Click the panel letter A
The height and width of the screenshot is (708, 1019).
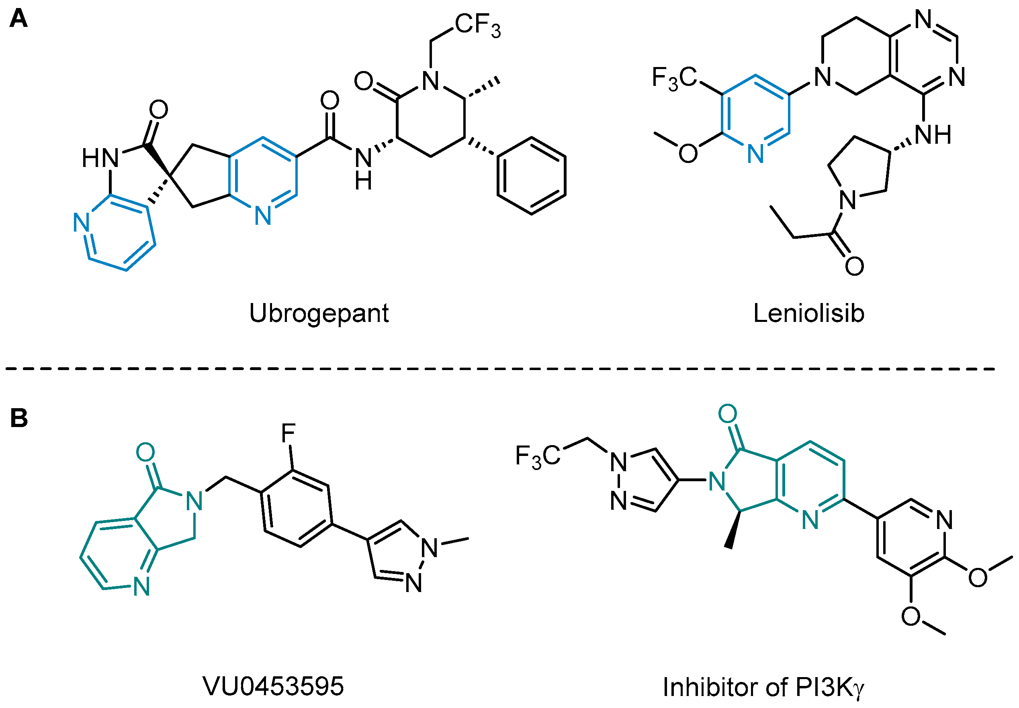coord(18,19)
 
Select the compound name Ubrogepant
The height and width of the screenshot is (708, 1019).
coord(319,314)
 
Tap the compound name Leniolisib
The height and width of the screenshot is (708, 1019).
coord(808,313)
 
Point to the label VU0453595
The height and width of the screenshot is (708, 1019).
coord(273,686)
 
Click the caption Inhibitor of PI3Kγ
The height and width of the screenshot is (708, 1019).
coord(763,687)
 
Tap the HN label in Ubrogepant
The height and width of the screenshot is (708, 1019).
coord(100,158)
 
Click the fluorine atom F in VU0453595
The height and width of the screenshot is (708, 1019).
coord(289,433)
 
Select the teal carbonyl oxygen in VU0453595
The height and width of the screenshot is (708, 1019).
coord(145,452)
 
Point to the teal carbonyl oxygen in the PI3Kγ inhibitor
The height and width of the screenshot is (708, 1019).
coord(728,414)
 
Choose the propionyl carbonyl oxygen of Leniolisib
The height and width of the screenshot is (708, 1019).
coord(854,266)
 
